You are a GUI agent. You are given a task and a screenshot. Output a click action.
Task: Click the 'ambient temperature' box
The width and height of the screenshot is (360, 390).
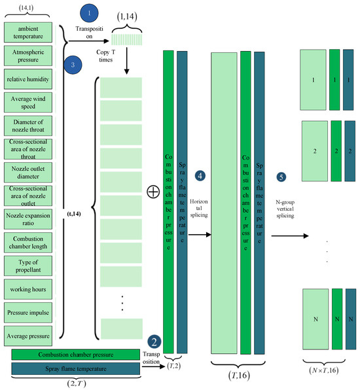click(x=28, y=32)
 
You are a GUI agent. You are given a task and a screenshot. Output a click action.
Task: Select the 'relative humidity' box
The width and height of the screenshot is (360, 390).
click(x=28, y=79)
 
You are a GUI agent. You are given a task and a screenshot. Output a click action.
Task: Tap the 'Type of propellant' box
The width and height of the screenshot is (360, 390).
click(x=28, y=266)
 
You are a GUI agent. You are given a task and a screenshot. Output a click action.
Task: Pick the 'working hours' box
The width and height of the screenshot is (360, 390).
click(x=28, y=289)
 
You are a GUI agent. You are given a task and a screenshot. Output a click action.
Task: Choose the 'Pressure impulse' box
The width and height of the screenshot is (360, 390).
click(x=28, y=313)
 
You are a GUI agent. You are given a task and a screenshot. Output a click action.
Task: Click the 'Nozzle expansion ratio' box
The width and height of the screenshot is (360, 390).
click(x=28, y=219)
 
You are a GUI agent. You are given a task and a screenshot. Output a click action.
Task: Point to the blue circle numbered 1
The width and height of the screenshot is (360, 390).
click(x=89, y=13)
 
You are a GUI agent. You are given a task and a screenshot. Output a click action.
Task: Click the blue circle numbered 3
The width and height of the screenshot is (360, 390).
click(x=73, y=65)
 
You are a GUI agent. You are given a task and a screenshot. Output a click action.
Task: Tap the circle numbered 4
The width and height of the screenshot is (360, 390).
click(x=200, y=175)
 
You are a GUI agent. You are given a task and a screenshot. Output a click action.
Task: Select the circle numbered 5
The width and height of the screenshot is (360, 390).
click(x=281, y=177)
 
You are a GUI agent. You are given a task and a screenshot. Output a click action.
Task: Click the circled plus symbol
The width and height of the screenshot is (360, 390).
click(x=153, y=192)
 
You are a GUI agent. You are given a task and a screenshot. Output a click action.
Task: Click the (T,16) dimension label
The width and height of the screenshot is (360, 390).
click(x=239, y=376)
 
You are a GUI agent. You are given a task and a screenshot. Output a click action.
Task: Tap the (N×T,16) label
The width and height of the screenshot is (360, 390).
click(x=324, y=370)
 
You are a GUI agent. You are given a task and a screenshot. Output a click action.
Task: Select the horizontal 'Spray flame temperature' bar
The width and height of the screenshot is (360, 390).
click(x=76, y=368)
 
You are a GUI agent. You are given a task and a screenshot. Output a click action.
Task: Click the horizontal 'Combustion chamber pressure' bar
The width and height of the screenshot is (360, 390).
click(x=76, y=355)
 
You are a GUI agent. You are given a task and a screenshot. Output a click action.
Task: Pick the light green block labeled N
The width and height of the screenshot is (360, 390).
click(x=315, y=319)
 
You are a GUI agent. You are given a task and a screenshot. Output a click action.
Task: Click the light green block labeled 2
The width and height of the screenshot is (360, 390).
click(x=315, y=151)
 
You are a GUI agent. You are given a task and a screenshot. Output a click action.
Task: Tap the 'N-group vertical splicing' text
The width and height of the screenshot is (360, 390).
click(x=285, y=209)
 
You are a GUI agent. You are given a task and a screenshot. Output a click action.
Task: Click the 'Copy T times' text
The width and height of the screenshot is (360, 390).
click(x=106, y=56)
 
